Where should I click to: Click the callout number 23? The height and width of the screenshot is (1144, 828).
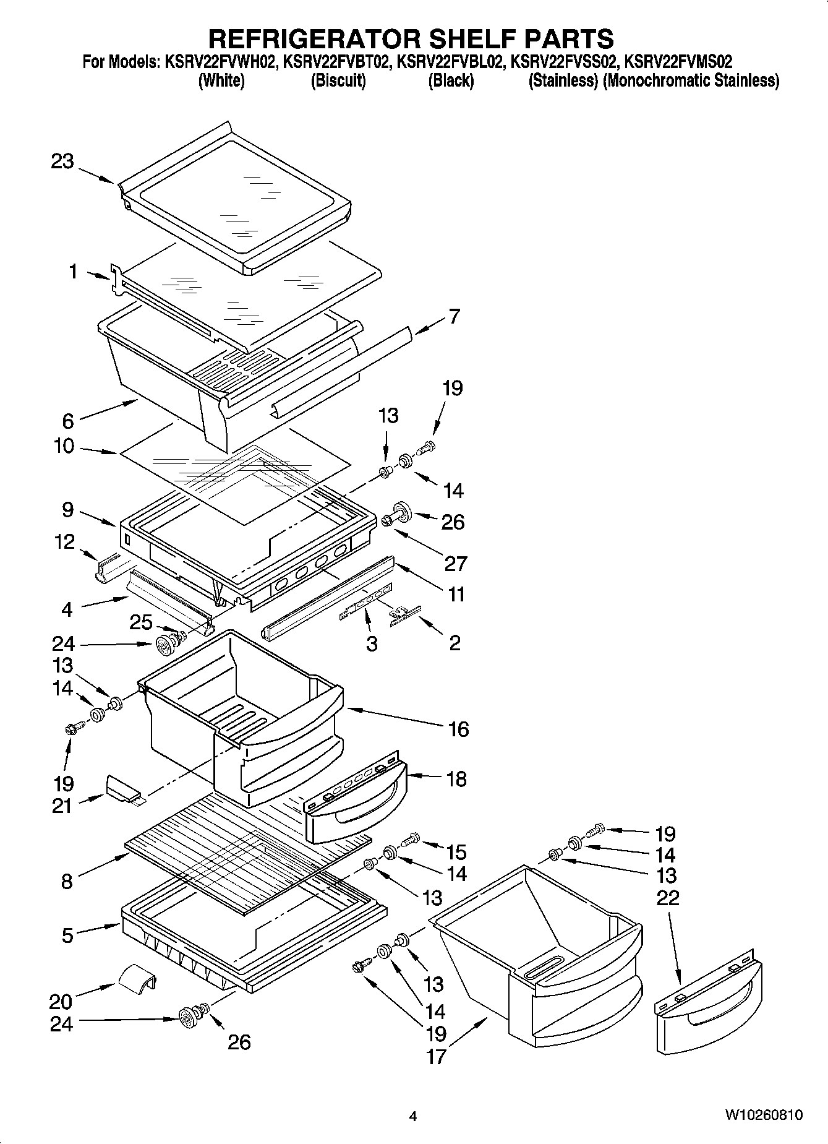[x=62, y=162]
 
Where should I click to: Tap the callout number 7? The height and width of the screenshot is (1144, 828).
[x=455, y=316]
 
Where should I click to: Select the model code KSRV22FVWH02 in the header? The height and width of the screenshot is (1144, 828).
[x=220, y=62]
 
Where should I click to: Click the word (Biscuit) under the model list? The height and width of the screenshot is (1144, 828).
[x=338, y=81]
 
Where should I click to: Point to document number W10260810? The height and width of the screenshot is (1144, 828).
[x=764, y=1115]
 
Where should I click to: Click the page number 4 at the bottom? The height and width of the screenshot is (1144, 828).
[x=413, y=1117]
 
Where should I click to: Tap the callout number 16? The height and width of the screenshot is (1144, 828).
[x=458, y=729]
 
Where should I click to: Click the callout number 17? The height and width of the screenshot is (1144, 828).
[x=436, y=1056]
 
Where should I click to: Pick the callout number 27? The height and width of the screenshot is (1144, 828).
[x=455, y=563]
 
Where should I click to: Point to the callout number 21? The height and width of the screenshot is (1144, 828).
[x=62, y=806]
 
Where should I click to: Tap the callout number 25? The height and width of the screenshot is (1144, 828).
[x=141, y=622]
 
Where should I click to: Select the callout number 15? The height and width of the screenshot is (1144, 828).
[x=456, y=852]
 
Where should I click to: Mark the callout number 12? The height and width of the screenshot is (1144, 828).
[x=64, y=542]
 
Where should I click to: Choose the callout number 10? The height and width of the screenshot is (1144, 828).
[x=64, y=445]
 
